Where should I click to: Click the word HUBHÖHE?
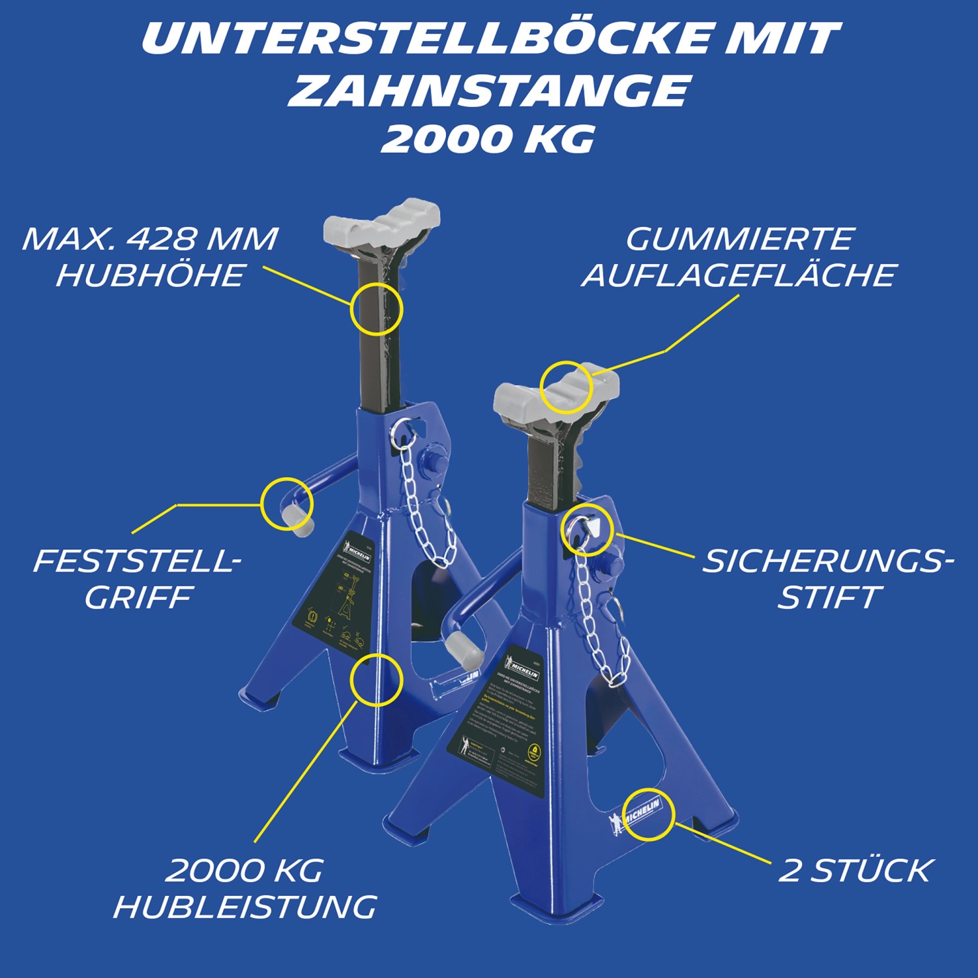150,276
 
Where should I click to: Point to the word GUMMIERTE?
739,239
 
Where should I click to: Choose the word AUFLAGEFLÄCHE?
739,276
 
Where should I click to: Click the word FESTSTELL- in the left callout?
137,561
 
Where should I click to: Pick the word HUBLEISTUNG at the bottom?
245,907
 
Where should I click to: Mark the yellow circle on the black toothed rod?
376,309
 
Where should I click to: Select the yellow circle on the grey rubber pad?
566,387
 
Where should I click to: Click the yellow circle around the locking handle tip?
286,504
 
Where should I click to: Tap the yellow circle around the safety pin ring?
587,529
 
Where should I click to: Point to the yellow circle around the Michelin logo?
648,812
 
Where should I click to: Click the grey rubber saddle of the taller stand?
381,222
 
